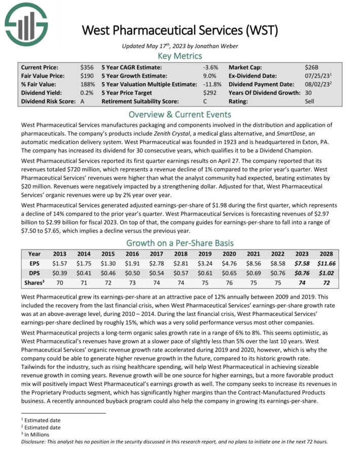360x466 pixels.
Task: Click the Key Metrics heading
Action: pyautogui.click(x=180, y=56)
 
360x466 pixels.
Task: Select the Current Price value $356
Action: pyautogui.click(x=87, y=67)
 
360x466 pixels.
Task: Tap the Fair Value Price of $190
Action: pyautogui.click(x=87, y=76)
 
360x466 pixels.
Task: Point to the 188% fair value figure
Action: pyautogui.click(x=87, y=84)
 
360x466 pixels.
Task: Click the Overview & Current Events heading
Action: pyautogui.click(x=180, y=114)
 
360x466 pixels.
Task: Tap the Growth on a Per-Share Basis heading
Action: pyautogui.click(x=180, y=242)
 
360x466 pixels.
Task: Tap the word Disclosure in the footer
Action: pyautogui.click(x=34, y=441)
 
